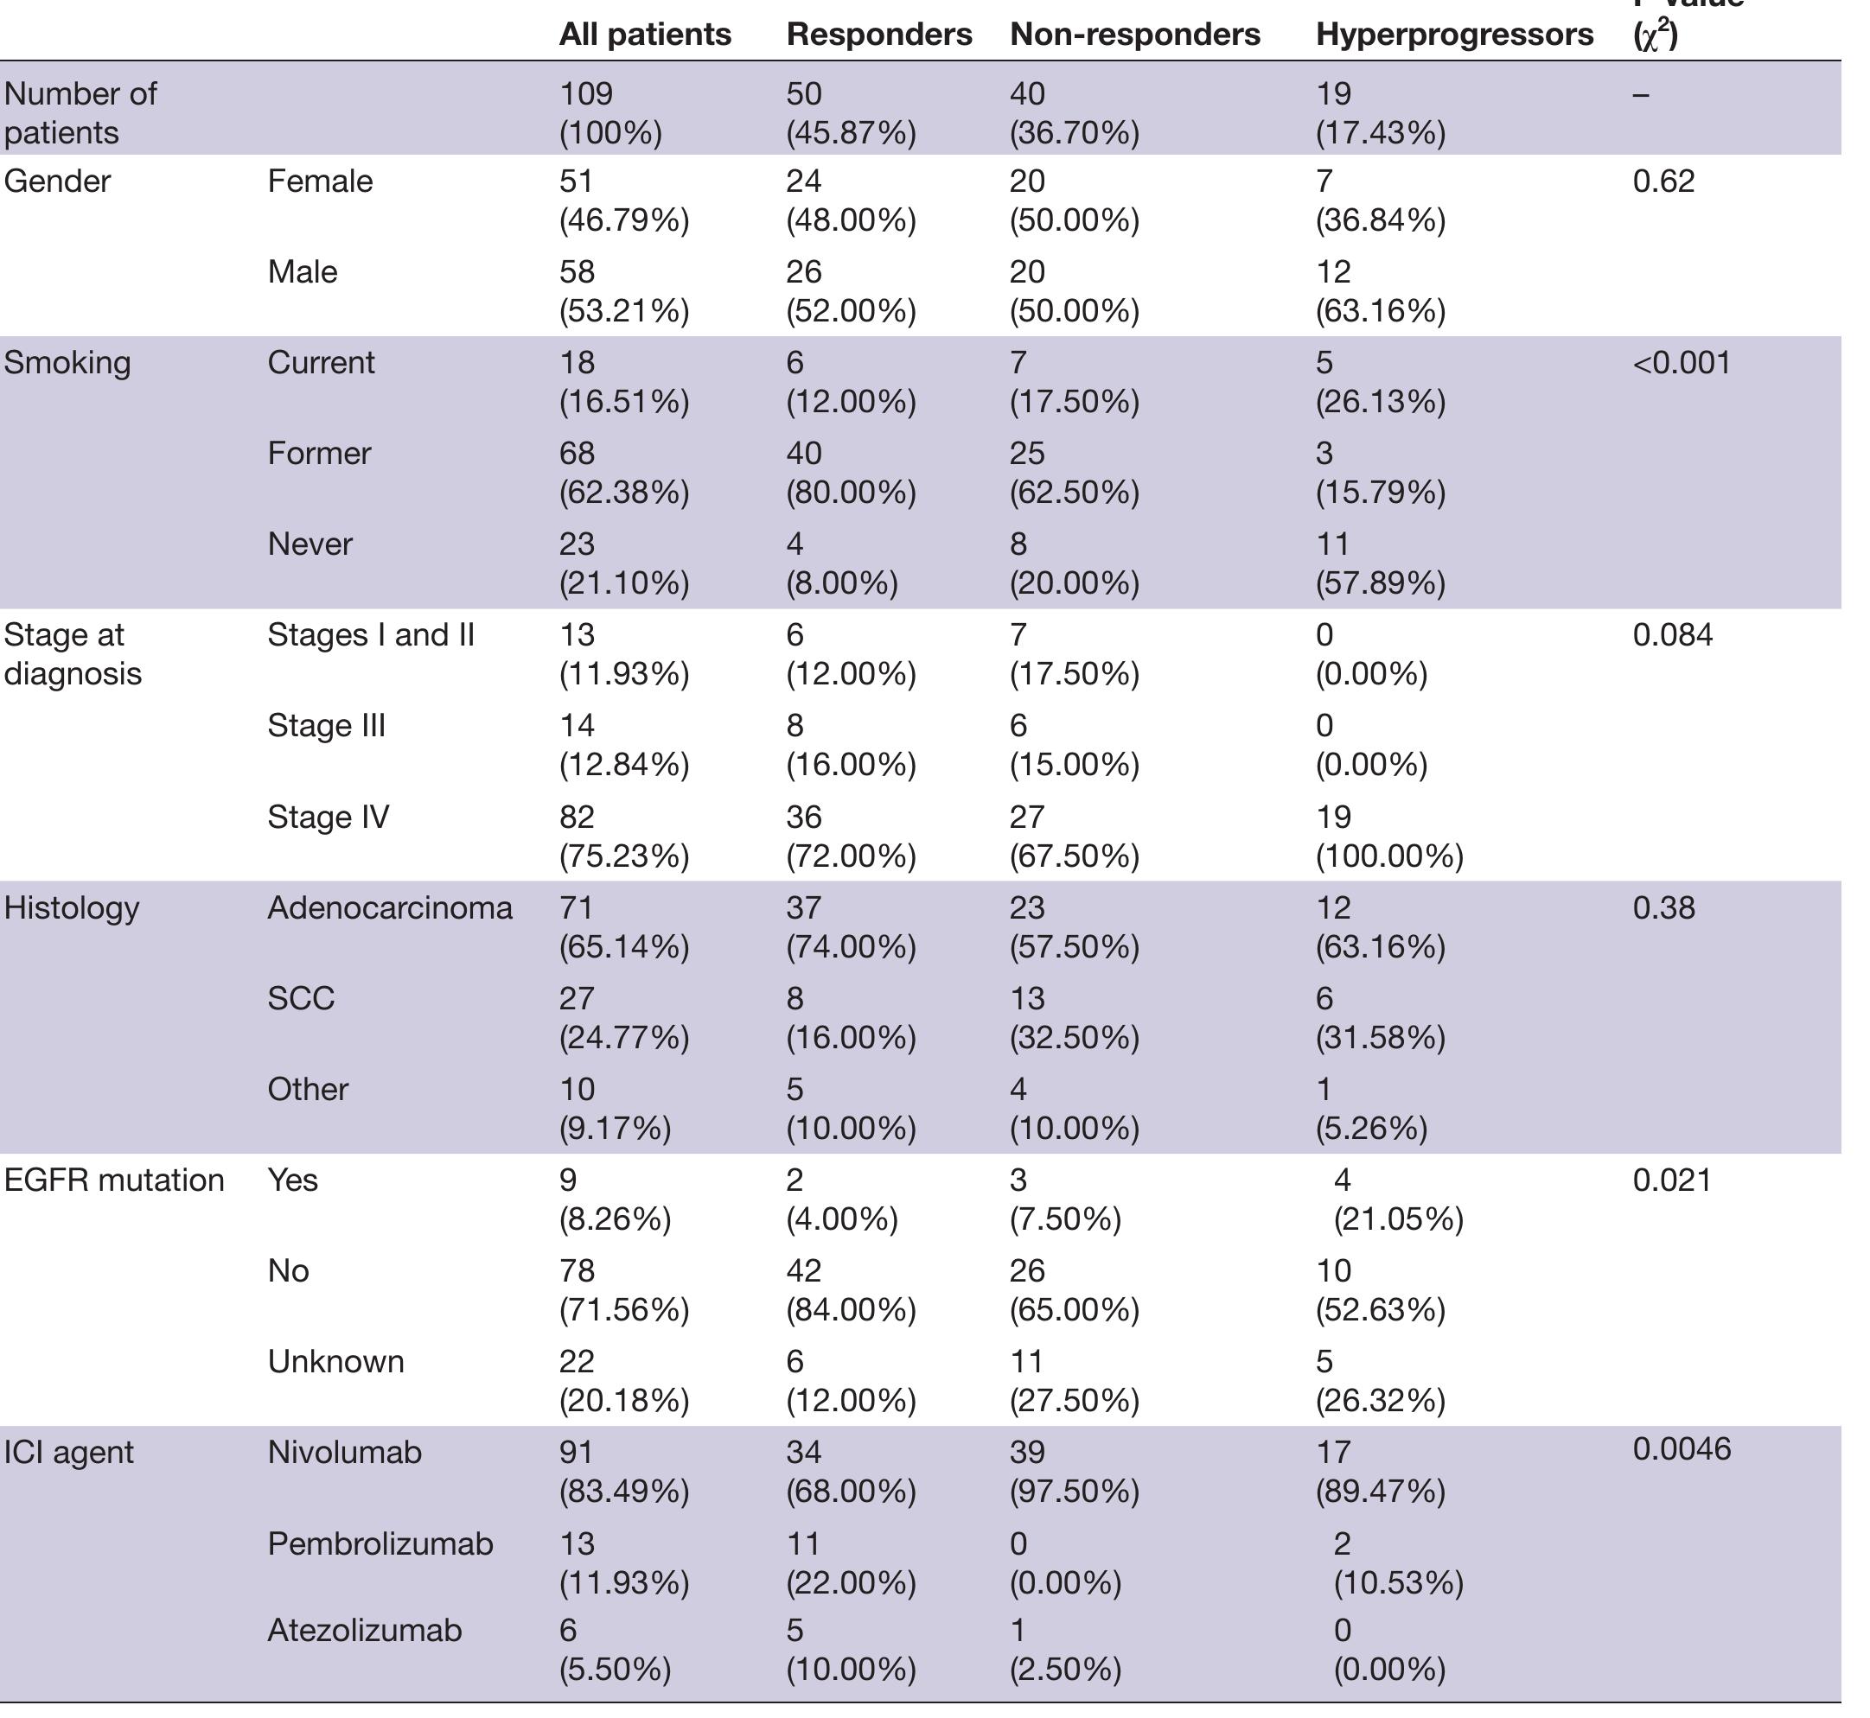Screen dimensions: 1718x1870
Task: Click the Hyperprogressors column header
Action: tap(1454, 35)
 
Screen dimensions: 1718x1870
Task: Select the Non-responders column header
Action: tap(1134, 35)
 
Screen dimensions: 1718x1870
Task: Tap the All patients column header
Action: tap(644, 35)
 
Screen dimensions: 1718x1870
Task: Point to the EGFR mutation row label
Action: tap(113, 1180)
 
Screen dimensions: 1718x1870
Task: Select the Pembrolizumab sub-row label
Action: tap(380, 1543)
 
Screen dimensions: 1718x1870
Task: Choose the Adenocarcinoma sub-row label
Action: tap(390, 907)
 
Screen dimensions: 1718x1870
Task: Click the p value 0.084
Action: tap(1672, 635)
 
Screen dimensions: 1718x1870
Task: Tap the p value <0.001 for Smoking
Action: tap(1682, 363)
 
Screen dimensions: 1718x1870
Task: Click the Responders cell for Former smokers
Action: tap(851, 472)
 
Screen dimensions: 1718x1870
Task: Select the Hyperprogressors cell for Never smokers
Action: tap(1380, 563)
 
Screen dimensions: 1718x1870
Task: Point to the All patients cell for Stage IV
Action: tap(624, 836)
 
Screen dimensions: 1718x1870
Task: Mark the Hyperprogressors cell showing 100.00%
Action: tap(1389, 836)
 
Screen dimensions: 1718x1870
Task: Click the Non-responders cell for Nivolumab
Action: tap(1074, 1471)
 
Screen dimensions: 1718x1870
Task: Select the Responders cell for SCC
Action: tap(851, 1017)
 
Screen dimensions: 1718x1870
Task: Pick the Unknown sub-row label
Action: tap(335, 1361)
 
